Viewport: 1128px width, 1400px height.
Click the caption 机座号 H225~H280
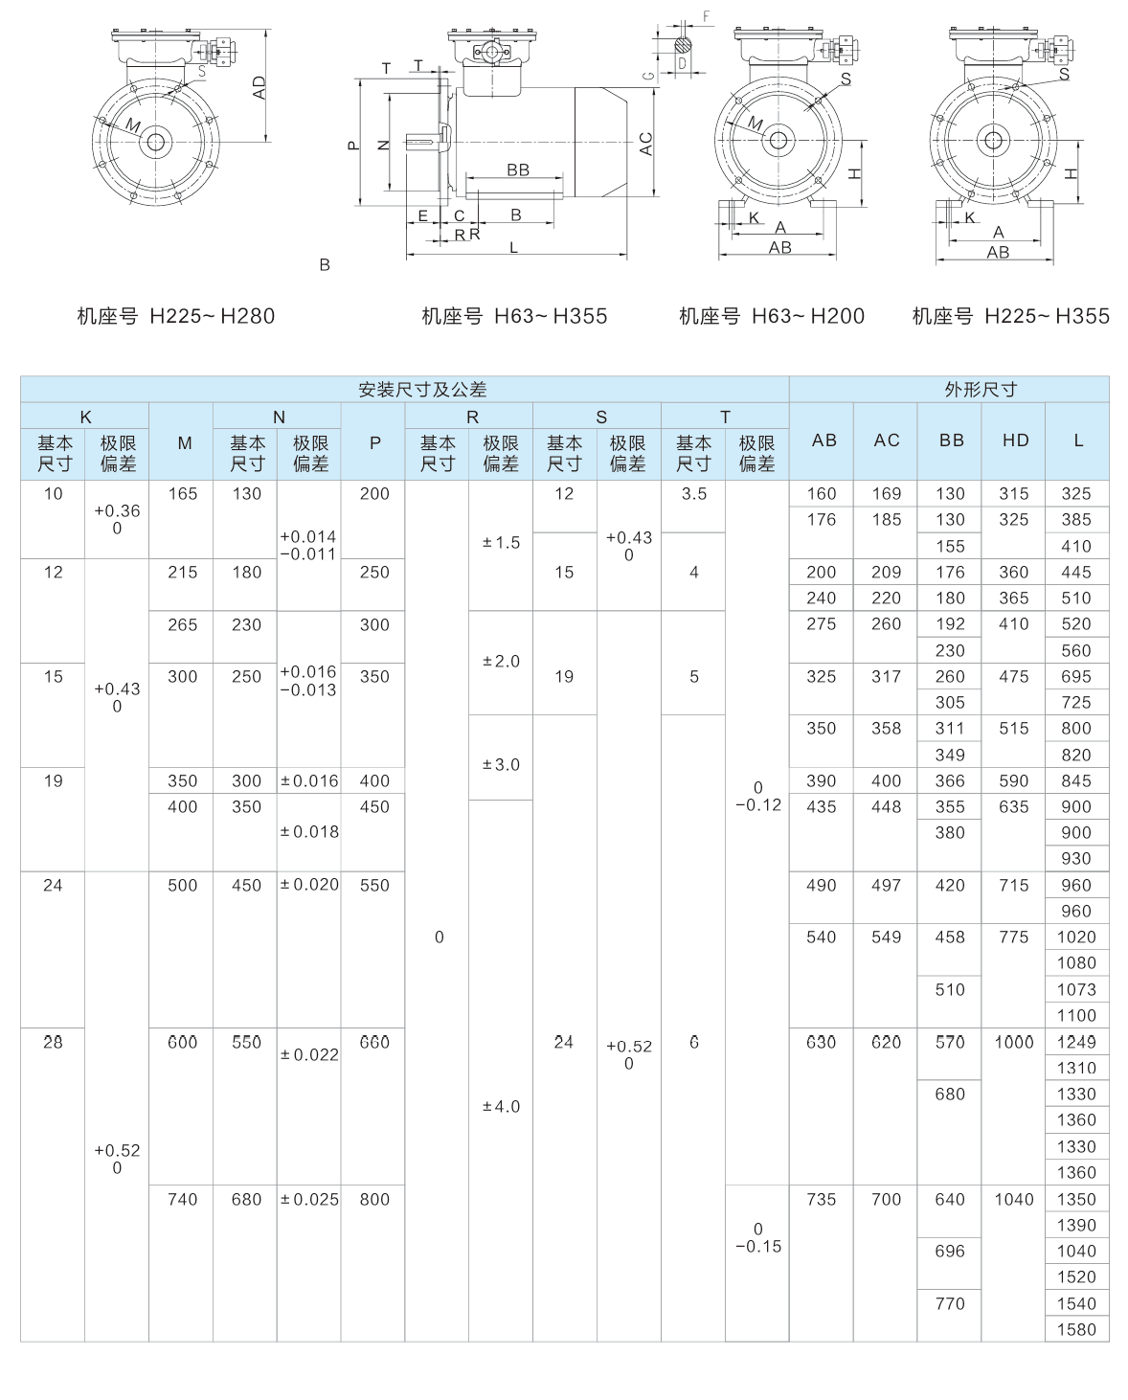coord(175,316)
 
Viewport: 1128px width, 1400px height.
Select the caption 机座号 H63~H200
coord(771,316)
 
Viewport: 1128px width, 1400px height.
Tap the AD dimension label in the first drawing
coord(259,87)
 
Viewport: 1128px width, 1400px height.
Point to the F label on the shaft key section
coord(706,16)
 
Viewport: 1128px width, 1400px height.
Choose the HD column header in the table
coord(1014,440)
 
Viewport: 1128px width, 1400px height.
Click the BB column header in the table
coord(950,440)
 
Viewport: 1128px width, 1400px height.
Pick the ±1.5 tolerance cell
coord(501,543)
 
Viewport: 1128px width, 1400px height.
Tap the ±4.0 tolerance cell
coord(501,1107)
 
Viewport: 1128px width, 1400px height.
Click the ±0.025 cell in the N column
coord(309,1199)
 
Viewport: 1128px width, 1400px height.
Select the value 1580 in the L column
coord(1076,1329)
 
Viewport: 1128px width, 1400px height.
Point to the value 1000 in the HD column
coord(1014,1042)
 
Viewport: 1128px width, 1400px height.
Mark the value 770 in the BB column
coord(950,1303)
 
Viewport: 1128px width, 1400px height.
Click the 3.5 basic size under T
coord(693,494)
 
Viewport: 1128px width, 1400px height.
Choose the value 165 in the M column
coord(182,494)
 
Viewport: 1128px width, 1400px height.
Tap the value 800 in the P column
coord(374,1199)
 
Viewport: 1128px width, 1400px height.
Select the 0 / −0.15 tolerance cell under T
coord(757,1237)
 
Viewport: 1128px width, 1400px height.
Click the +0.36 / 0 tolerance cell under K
coord(117,519)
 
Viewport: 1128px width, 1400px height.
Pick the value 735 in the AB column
coord(822,1199)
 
